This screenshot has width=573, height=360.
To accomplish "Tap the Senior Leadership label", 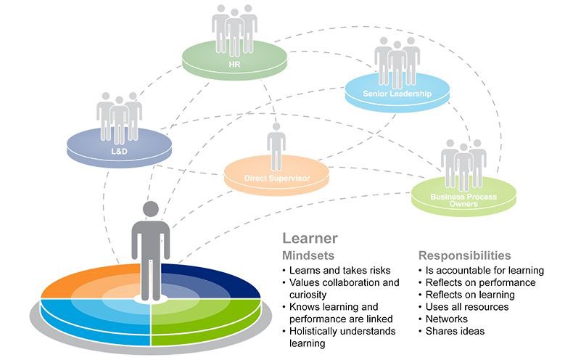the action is pos(397,94).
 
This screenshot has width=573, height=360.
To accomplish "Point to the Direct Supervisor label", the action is pos(276,177).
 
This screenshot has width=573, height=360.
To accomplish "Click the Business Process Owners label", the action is pos(463,200).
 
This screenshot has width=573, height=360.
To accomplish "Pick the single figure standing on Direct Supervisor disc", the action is pos(276,145).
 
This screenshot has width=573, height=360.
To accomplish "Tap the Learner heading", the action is pos(310,237).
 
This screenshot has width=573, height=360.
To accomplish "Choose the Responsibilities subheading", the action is pos(464,255).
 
